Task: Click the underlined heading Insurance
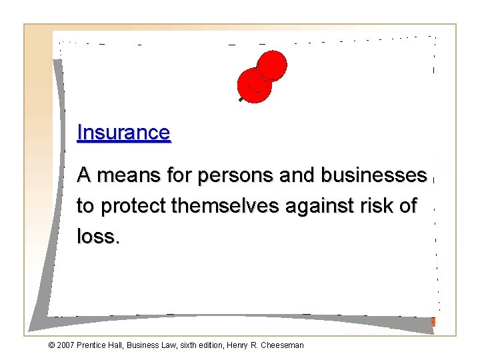123,133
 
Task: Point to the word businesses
373,175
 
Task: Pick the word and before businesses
297,175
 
